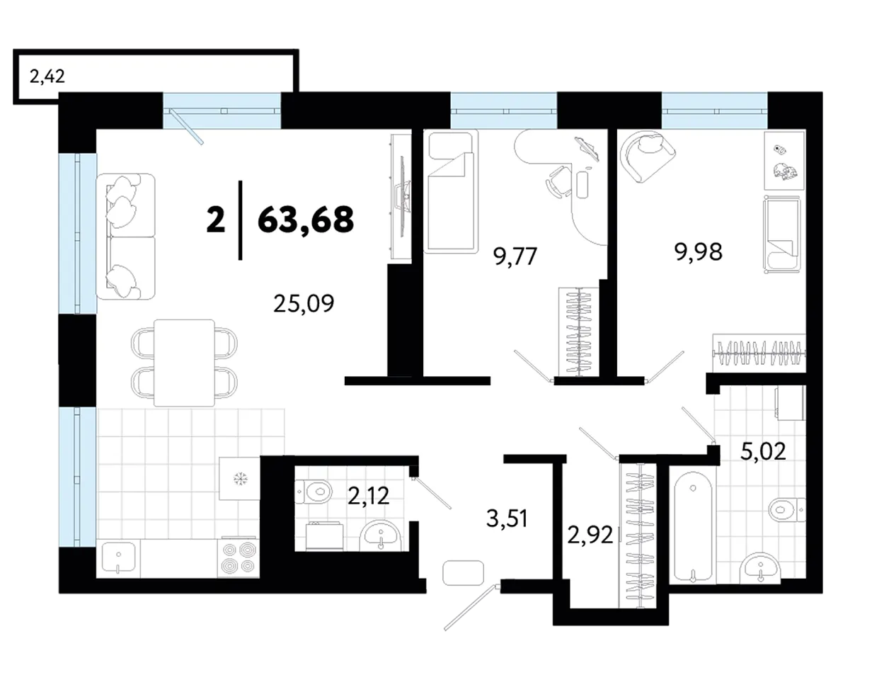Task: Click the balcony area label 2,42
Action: coord(47,76)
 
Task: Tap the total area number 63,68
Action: coord(306,220)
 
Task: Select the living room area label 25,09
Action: coord(304,303)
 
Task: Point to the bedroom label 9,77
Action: coord(515,256)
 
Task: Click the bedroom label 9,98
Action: coord(699,252)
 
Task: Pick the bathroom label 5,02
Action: coord(763,452)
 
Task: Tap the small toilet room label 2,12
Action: coord(368,496)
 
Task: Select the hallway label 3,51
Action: coord(507,518)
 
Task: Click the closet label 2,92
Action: coord(590,535)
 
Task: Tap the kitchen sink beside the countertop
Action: coord(118,557)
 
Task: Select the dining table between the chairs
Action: coord(184,363)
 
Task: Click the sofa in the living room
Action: coord(125,237)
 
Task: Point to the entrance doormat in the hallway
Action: coord(463,573)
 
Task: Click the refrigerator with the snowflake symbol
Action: coord(240,479)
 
